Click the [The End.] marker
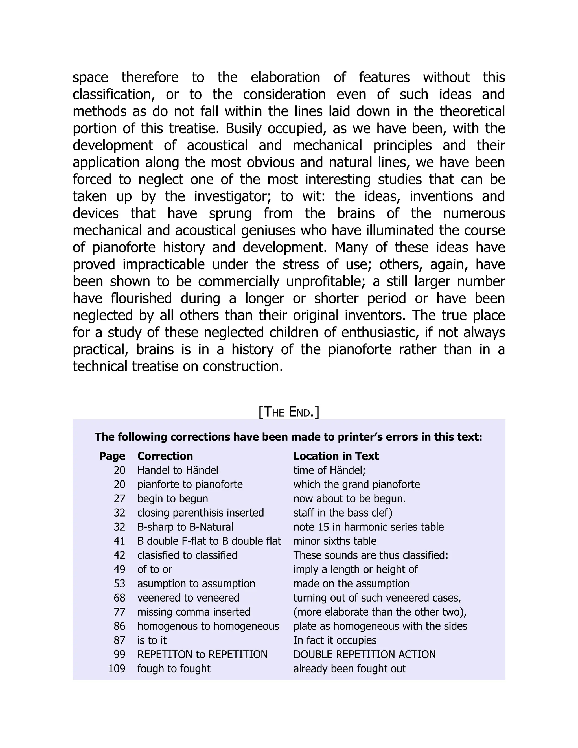pyautogui.click(x=289, y=412)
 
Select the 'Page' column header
pyautogui.click(x=112, y=456)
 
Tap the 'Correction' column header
pyautogui.click(x=165, y=456)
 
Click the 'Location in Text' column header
pyautogui.click(x=336, y=456)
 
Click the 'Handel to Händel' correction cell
pyautogui.click(x=178, y=470)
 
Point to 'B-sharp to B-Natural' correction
pyautogui.click(x=185, y=527)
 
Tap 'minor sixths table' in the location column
pyautogui.click(x=334, y=541)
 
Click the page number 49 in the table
pyautogui.click(x=119, y=569)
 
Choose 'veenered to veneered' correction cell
pyautogui.click(x=188, y=598)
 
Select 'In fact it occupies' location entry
pyautogui.click(x=334, y=640)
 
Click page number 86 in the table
pyautogui.click(x=119, y=626)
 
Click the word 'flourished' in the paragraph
pyautogui.click(x=141, y=298)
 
